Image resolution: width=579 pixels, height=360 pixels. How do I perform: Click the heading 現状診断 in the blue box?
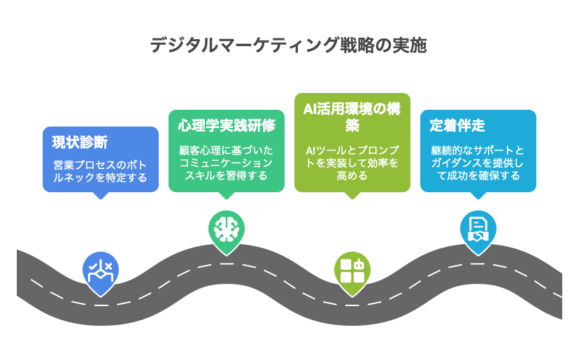tap(80, 143)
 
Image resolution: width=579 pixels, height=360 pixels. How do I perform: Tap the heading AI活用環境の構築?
tap(352, 117)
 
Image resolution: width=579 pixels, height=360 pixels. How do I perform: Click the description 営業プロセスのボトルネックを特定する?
tap(101, 172)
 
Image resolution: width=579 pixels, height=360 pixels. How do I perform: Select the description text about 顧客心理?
tap(226, 163)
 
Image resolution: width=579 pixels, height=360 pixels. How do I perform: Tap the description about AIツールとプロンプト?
tap(352, 163)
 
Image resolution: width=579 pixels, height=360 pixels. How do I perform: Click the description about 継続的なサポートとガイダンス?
tap(478, 163)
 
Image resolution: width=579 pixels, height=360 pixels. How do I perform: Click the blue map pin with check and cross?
tap(101, 270)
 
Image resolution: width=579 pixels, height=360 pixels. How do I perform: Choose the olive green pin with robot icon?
tap(352, 270)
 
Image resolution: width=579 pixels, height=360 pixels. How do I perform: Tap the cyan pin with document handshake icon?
tap(478, 229)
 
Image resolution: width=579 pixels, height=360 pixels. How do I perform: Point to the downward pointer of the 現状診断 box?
tap(101, 196)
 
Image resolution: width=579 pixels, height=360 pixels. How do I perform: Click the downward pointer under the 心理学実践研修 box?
tap(227, 196)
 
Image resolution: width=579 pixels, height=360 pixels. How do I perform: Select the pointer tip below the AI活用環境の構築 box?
tap(352, 196)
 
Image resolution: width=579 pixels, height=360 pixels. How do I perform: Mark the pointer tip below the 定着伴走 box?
tap(478, 196)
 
